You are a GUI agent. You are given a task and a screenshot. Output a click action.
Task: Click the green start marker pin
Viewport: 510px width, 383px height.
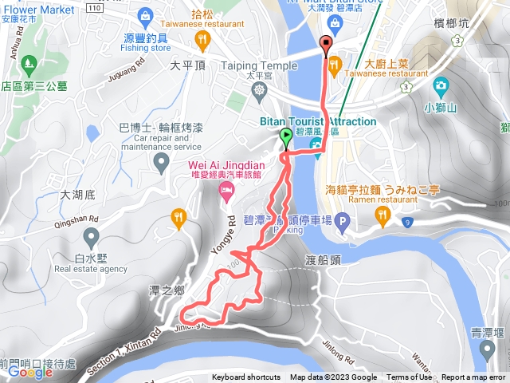[286, 139]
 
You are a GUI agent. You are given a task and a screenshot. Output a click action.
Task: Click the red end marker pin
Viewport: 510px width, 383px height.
[324, 45]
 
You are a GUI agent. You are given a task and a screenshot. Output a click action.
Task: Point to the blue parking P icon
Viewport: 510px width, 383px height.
[343, 221]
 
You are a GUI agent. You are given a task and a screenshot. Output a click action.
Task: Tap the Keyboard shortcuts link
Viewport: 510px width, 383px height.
[246, 377]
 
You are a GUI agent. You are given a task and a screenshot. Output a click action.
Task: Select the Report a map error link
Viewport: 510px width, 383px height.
[474, 377]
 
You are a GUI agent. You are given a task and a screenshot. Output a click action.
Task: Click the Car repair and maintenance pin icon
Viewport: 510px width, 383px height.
[162, 163]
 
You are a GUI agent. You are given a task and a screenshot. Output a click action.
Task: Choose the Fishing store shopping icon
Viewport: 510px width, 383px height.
[145, 14]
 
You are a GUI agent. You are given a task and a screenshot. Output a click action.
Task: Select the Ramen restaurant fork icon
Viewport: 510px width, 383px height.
[383, 213]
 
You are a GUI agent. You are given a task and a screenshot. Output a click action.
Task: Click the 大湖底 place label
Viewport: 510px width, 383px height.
[78, 194]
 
